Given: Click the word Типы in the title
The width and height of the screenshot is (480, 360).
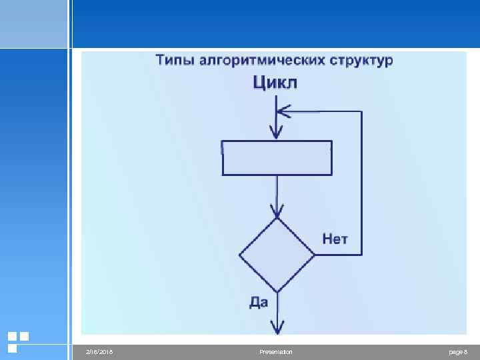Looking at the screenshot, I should [x=175, y=61].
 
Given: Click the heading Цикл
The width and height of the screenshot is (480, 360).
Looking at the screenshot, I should [x=275, y=83].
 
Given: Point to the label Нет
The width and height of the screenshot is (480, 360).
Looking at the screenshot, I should [x=335, y=239].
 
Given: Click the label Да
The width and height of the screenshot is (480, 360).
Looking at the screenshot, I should [x=259, y=302].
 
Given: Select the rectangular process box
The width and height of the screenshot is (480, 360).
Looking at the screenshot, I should [x=277, y=157].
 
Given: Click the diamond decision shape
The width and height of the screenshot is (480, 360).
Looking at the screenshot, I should [x=277, y=255].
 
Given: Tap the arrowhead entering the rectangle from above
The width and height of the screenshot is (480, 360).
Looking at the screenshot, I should [x=277, y=133].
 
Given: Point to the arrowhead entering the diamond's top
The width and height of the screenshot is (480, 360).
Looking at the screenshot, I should [x=277, y=212].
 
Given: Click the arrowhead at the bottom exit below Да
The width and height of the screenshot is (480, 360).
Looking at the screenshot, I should [x=277, y=327].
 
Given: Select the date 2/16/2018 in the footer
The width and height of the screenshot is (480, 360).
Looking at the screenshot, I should [x=100, y=351].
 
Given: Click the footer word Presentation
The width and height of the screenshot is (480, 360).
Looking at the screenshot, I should [x=276, y=351].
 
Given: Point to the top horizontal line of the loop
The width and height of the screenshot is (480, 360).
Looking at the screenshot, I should [x=327, y=111].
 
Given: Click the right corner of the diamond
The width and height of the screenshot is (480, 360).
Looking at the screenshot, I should [x=313, y=255].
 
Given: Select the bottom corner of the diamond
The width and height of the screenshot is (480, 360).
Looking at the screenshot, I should [x=277, y=291].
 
